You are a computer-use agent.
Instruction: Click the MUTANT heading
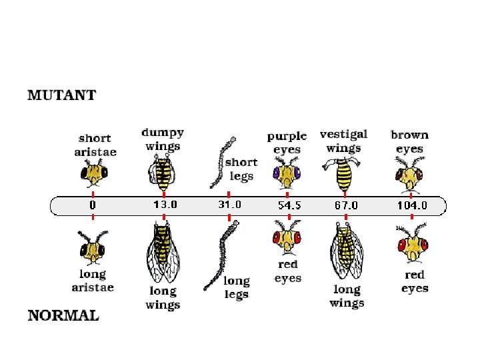[61, 95]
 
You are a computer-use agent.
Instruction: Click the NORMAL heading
[63, 315]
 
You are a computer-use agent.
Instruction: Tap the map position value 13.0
[165, 205]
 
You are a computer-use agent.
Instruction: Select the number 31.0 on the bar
[230, 205]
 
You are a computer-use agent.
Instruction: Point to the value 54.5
[289, 205]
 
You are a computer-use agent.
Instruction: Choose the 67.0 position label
[346, 205]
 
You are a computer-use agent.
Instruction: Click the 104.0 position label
[412, 205]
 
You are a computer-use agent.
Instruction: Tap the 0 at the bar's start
[93, 205]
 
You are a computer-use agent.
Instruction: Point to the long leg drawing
[223, 253]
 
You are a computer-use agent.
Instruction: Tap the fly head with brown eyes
[409, 175]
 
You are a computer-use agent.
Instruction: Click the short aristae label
[95, 145]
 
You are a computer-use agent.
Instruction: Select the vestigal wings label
[343, 141]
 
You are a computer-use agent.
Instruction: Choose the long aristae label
[93, 281]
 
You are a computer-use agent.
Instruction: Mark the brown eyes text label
[409, 141]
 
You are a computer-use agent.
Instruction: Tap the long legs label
[236, 287]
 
